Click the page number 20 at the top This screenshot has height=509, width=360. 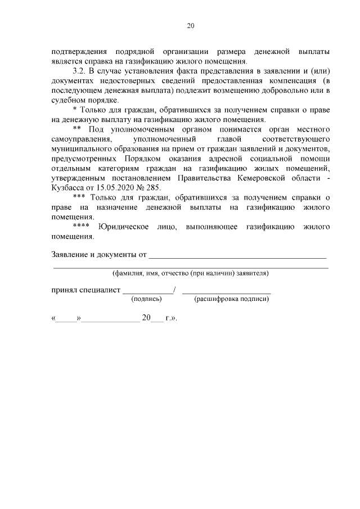pos(190,25)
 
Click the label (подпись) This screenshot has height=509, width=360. pos(146,300)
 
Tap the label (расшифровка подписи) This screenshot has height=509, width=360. pos(231,300)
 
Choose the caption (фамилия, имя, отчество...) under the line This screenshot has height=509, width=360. pos(191,274)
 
